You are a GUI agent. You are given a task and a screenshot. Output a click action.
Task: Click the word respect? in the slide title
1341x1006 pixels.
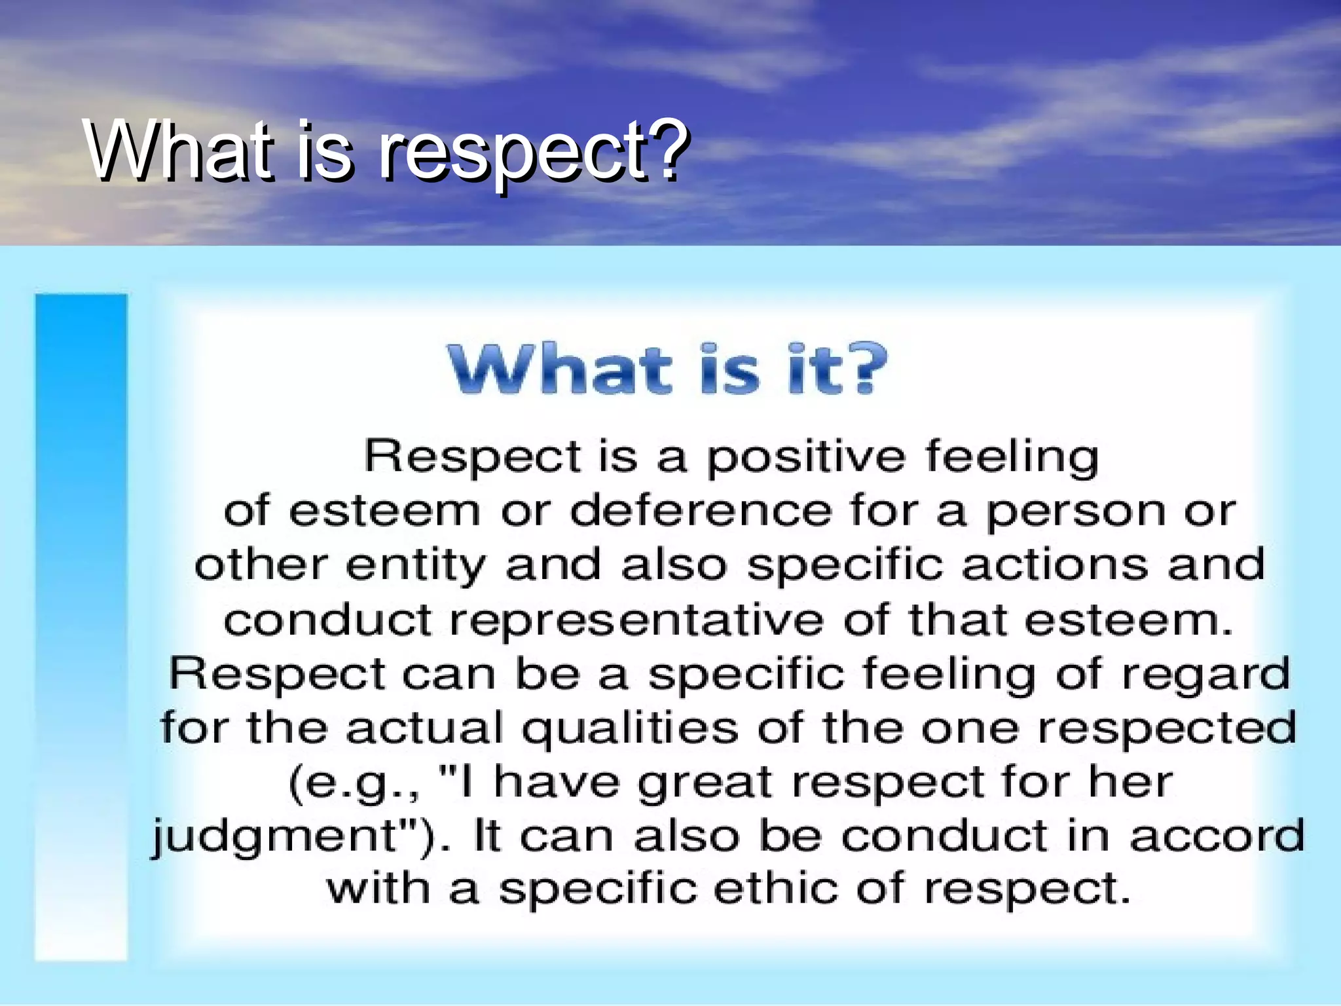pyautogui.click(x=534, y=152)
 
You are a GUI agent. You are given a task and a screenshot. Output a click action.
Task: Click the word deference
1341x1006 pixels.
pyautogui.click(x=700, y=510)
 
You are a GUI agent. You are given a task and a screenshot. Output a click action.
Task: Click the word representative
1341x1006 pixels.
pyautogui.click(x=636, y=620)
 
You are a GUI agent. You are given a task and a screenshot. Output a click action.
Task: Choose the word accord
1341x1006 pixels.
pyautogui.click(x=1217, y=836)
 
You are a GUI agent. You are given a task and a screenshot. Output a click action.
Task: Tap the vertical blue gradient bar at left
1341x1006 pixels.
pyautogui.click(x=81, y=626)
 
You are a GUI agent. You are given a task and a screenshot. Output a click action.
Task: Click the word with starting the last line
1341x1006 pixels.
pyautogui.click(x=378, y=889)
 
